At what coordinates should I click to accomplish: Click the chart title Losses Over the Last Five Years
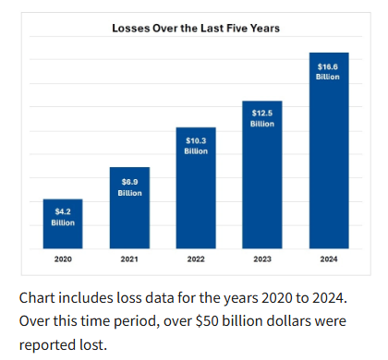[x=196, y=29]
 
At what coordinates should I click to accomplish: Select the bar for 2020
[x=63, y=223]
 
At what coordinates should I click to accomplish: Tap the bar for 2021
[x=129, y=208]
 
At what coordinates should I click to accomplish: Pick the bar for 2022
[x=196, y=187]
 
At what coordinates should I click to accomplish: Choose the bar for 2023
[x=262, y=174]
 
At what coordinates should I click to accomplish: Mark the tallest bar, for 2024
[x=329, y=150]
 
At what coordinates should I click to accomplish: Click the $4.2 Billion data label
[x=63, y=217]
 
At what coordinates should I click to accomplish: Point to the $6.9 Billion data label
[x=129, y=187]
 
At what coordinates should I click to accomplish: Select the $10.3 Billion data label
[x=196, y=146]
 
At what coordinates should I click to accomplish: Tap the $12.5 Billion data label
[x=262, y=118]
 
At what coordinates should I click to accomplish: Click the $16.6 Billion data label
[x=328, y=72]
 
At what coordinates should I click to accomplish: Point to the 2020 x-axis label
[x=63, y=259]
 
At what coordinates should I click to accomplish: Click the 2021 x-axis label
[x=129, y=259]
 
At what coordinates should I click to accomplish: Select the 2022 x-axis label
[x=196, y=259]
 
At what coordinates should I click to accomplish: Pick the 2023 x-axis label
[x=262, y=259]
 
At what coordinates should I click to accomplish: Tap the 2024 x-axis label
[x=329, y=259]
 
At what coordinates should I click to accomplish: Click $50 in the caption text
[x=207, y=321]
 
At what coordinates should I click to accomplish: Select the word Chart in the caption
[x=37, y=298]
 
